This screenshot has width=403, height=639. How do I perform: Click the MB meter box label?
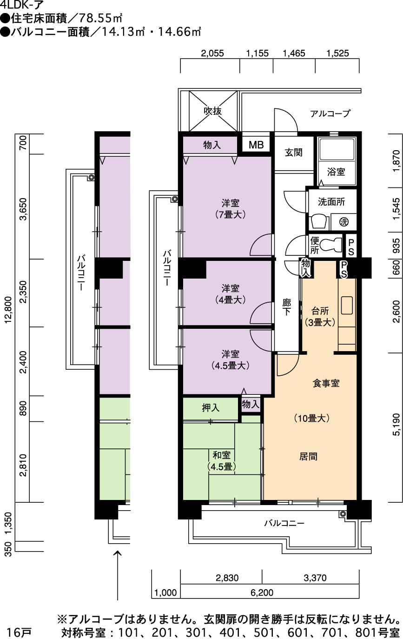(256, 145)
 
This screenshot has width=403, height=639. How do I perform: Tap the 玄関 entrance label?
(293, 153)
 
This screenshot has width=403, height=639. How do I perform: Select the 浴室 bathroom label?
(336, 172)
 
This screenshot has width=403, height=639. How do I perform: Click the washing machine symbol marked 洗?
(344, 222)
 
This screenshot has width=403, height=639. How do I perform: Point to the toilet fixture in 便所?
(331, 245)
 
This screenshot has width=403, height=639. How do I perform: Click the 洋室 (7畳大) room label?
(231, 209)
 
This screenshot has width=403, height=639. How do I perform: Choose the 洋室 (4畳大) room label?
(231, 294)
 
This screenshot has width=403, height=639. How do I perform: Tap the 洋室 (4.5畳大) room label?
(231, 359)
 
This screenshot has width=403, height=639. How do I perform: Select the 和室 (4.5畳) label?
(222, 461)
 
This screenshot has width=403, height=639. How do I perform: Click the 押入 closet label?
(211, 408)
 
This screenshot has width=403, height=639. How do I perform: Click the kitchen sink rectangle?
(347, 306)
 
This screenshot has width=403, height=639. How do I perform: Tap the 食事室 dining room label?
(326, 383)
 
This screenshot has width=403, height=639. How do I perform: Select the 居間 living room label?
(308, 456)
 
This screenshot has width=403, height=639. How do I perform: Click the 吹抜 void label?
(213, 111)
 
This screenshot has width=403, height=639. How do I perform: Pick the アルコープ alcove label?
(330, 113)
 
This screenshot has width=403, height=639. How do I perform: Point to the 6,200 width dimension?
(262, 593)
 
